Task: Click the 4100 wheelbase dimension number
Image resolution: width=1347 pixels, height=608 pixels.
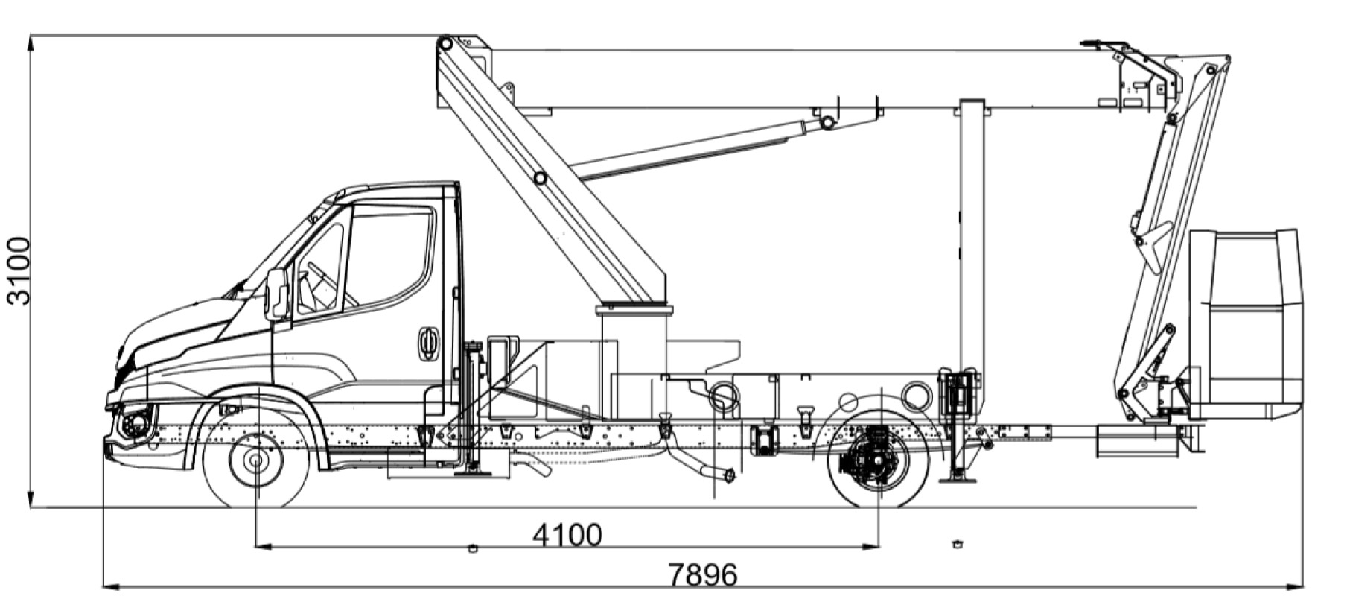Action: [x=567, y=534]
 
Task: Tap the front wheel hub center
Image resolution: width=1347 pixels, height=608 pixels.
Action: [x=255, y=460]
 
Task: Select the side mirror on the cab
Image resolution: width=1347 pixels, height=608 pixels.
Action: [x=276, y=294]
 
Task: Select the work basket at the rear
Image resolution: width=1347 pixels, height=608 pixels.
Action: [x=1247, y=324]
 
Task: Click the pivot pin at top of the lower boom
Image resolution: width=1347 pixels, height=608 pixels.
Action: [x=445, y=44]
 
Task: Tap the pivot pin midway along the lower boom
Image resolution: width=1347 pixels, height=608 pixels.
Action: [x=540, y=178]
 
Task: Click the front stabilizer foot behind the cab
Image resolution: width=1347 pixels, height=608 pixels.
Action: [x=471, y=469]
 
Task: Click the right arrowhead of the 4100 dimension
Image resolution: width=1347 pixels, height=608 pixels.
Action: [x=873, y=547]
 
